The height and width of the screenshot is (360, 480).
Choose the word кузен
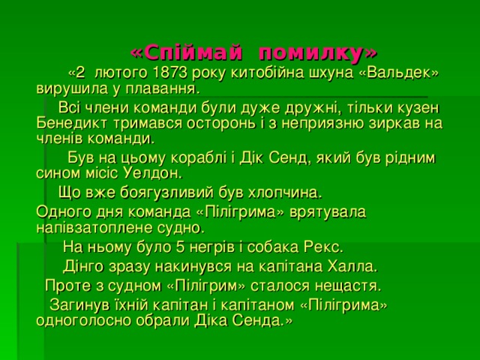pyautogui.click(x=416, y=108)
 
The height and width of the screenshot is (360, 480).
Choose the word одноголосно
pyautogui.click(x=82, y=320)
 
